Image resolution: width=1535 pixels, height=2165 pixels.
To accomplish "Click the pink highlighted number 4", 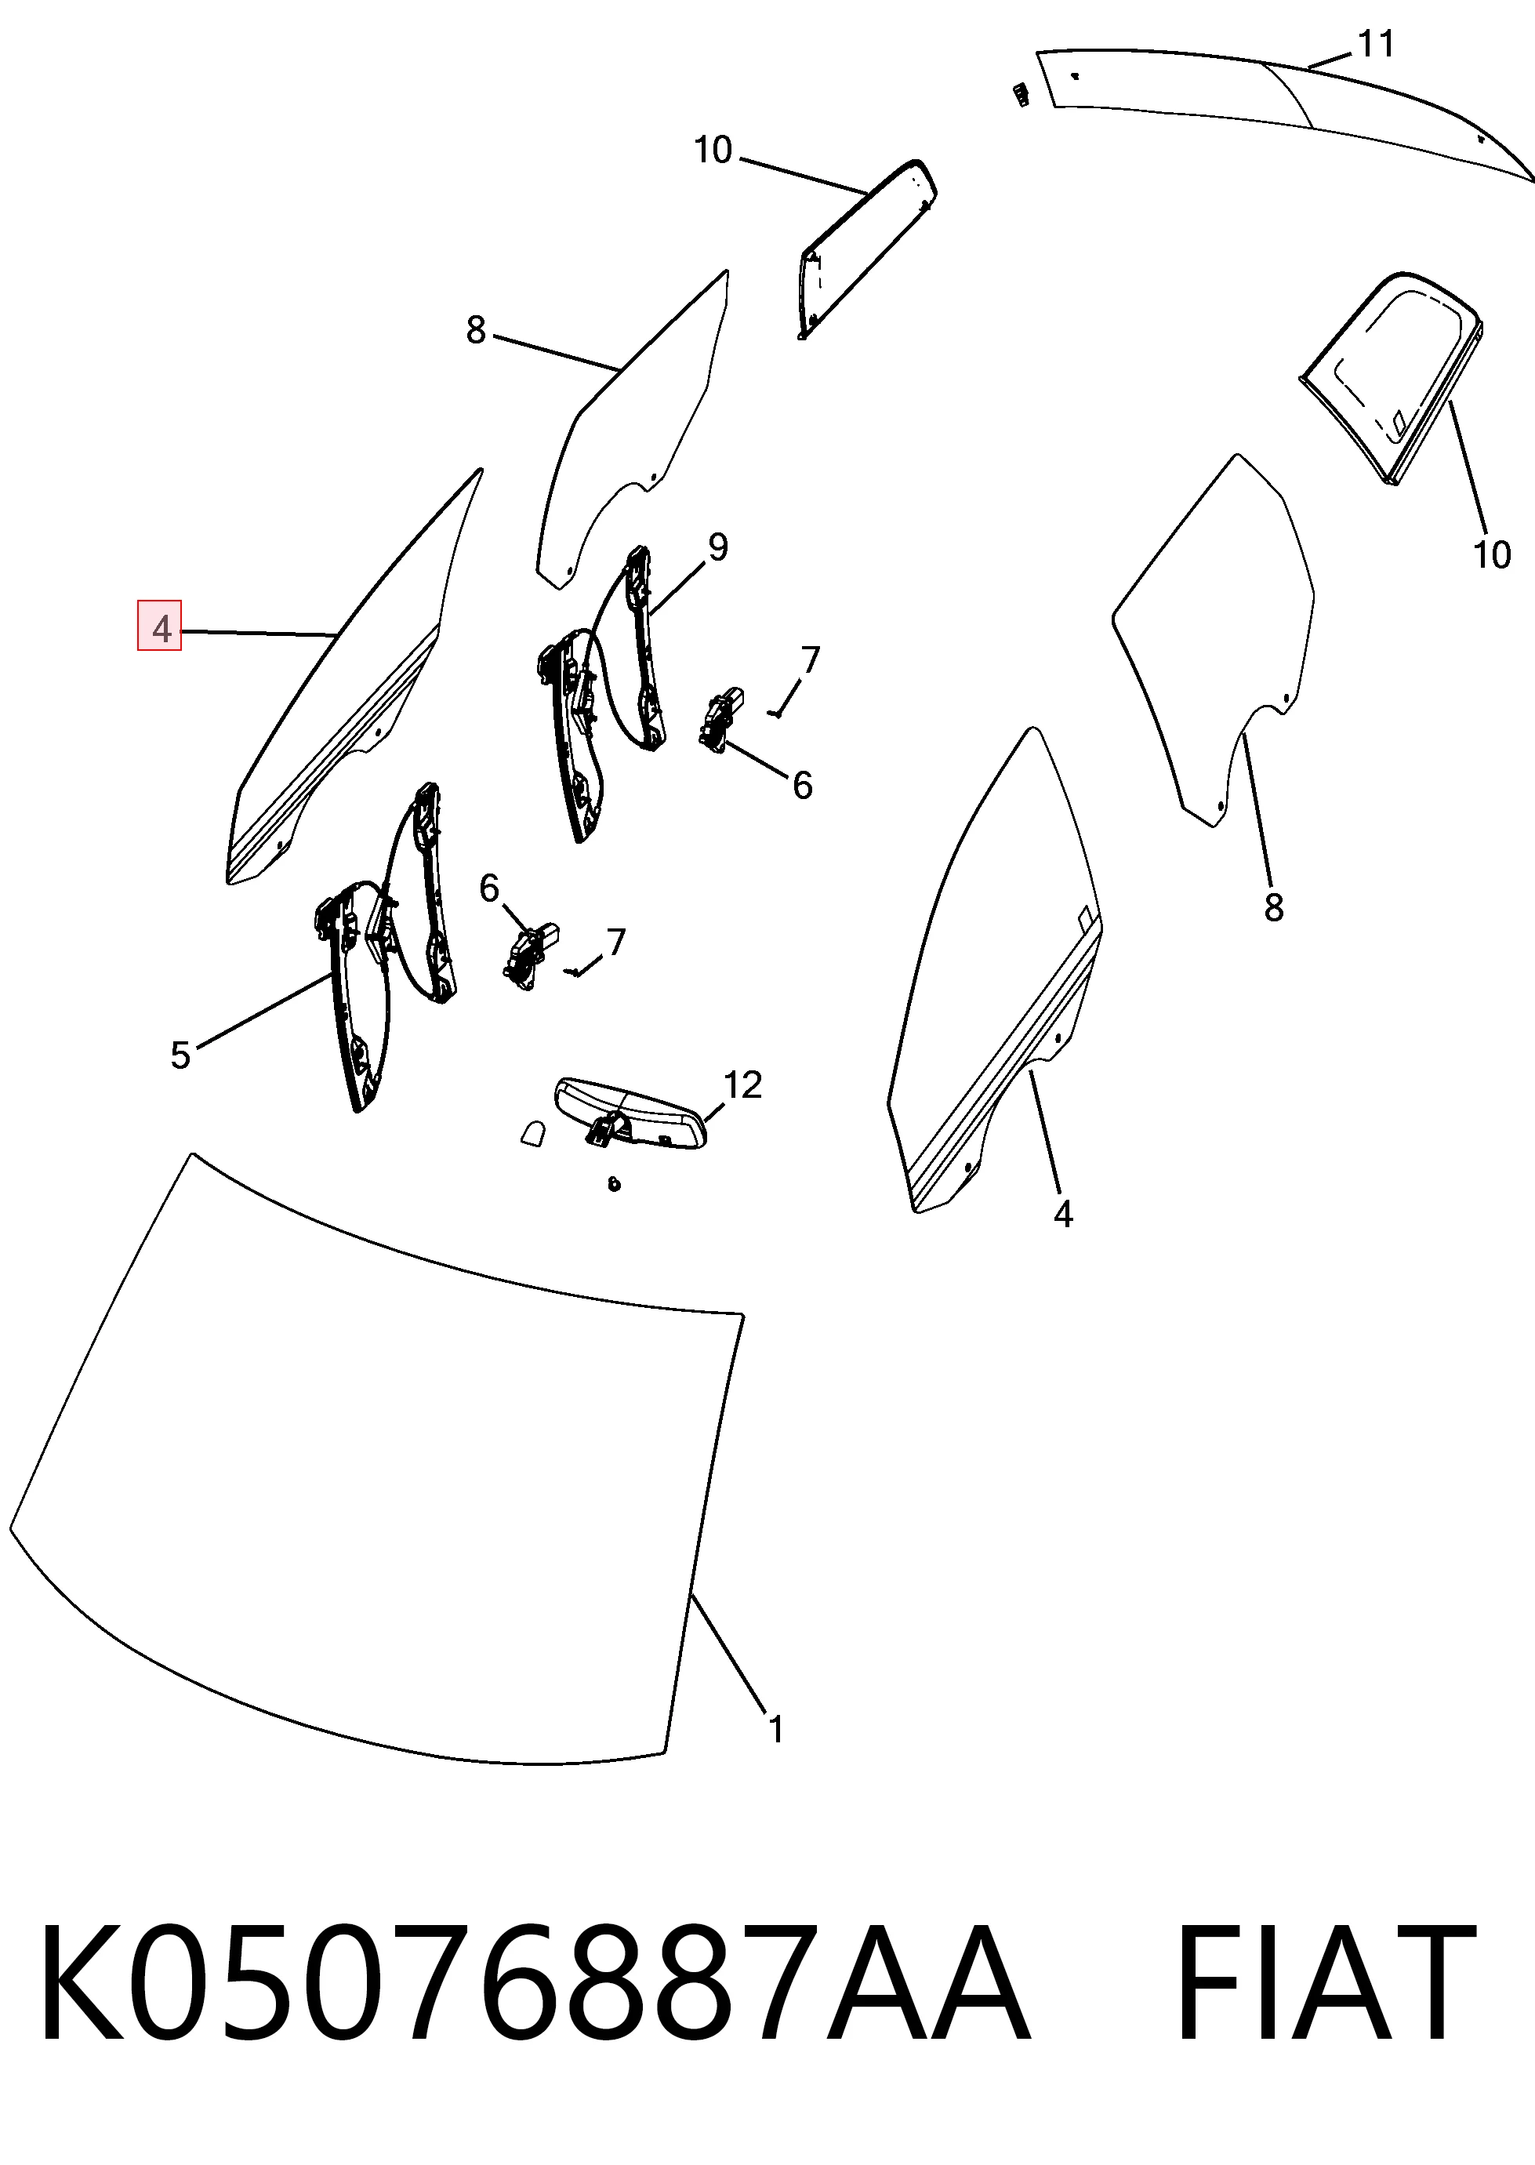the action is [x=160, y=626].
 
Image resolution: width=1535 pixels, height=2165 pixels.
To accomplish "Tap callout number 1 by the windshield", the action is [x=775, y=1729].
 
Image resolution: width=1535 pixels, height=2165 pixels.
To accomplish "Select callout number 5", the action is [x=180, y=1055].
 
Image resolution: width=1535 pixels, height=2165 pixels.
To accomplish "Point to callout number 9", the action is [x=718, y=547].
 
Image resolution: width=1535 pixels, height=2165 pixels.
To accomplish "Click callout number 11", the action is [x=1376, y=43].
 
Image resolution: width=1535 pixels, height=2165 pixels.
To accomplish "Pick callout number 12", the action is [x=742, y=1084].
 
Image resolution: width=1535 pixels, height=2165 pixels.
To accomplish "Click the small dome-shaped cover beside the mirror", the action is [x=534, y=1134].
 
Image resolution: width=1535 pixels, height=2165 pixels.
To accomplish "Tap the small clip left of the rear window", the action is [x=1020, y=95].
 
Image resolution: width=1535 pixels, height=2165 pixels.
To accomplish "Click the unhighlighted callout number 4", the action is [x=1063, y=1214].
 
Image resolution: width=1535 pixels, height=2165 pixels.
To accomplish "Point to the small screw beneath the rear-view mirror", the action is [x=615, y=1184].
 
